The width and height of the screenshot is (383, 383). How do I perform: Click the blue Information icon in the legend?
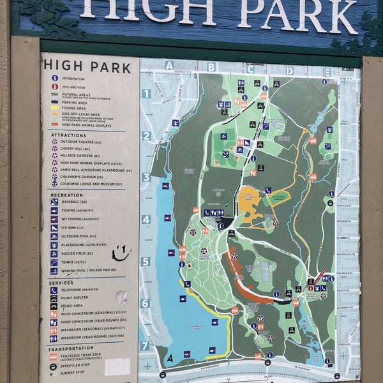pos(55,78)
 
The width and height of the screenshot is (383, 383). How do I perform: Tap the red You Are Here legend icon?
pos(55,87)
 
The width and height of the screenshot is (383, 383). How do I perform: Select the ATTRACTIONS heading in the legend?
pos(68,135)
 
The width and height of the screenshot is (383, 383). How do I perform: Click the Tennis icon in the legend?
pos(54,262)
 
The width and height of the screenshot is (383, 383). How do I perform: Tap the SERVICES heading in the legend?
pos(61,283)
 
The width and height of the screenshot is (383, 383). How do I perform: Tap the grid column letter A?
pos(169,65)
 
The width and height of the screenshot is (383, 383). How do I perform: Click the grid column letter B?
pos(211,66)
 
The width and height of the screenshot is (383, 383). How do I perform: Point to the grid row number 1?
pos(146,94)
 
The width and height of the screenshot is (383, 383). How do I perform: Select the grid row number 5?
pos(145,261)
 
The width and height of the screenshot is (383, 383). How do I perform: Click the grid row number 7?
pos(144,345)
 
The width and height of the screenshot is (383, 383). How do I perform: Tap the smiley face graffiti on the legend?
pos(121,253)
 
